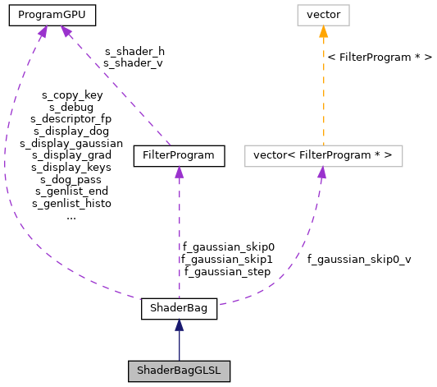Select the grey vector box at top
(323, 14)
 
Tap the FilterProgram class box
(178, 154)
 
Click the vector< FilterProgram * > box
(323, 154)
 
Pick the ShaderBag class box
(179, 309)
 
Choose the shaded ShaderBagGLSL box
(179, 371)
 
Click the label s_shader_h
(134, 50)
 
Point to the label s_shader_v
(134, 62)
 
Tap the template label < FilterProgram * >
(379, 58)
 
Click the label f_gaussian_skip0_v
(359, 259)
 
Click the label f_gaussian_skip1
(228, 258)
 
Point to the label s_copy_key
(71, 95)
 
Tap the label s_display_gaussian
(71, 142)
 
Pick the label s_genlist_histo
(71, 202)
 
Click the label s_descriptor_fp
(71, 118)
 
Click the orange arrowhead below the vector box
(323, 32)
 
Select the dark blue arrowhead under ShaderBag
(179, 326)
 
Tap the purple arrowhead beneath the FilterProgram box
(178, 173)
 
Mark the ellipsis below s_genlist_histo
(71, 216)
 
